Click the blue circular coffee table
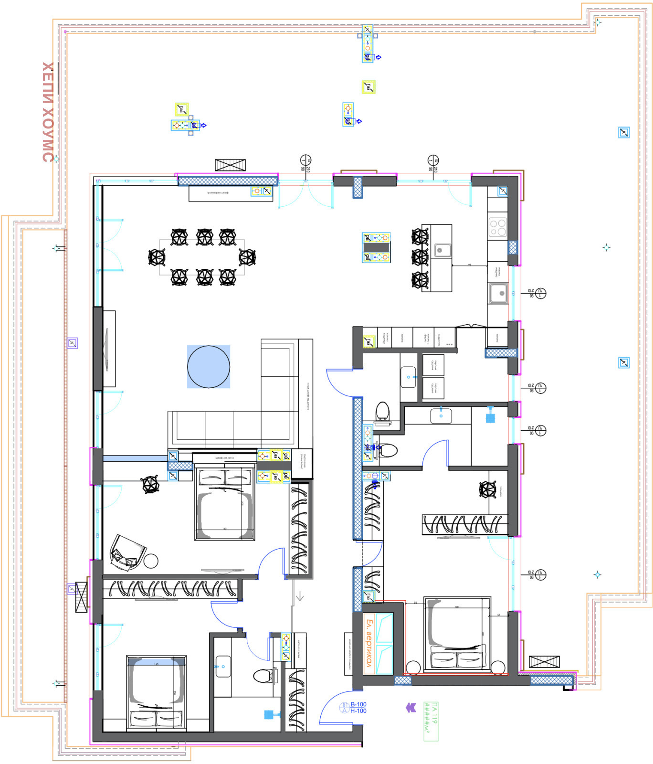pos(209,367)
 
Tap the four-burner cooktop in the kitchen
pos(497,227)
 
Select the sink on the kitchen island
pos(442,250)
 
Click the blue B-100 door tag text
pos(358,704)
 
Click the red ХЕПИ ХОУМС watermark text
pos(48,112)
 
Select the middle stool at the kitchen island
pos(420,257)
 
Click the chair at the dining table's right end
pos(247,257)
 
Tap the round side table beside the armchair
pos(151,561)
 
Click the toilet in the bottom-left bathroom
pos(262,676)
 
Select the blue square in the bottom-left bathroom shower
pos(269,714)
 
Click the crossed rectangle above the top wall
pos(230,165)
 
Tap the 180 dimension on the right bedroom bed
pos(457,607)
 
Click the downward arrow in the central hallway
pos(300,596)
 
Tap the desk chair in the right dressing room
pos(488,489)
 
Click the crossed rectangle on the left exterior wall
pos(82,597)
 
